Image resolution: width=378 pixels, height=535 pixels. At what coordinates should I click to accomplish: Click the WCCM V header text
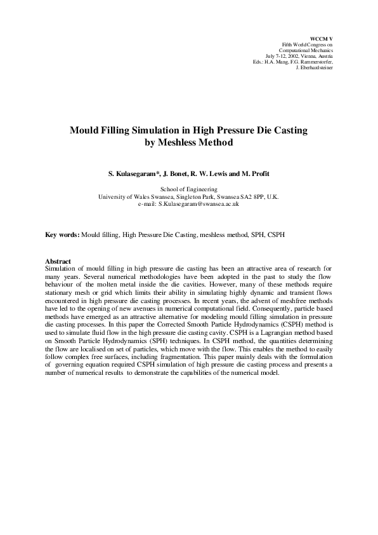click(x=322, y=38)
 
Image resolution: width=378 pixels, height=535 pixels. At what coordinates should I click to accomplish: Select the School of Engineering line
click(x=189, y=189)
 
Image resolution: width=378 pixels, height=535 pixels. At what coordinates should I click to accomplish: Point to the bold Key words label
click(x=62, y=235)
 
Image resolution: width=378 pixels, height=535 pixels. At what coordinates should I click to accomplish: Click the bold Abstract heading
click(x=58, y=261)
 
